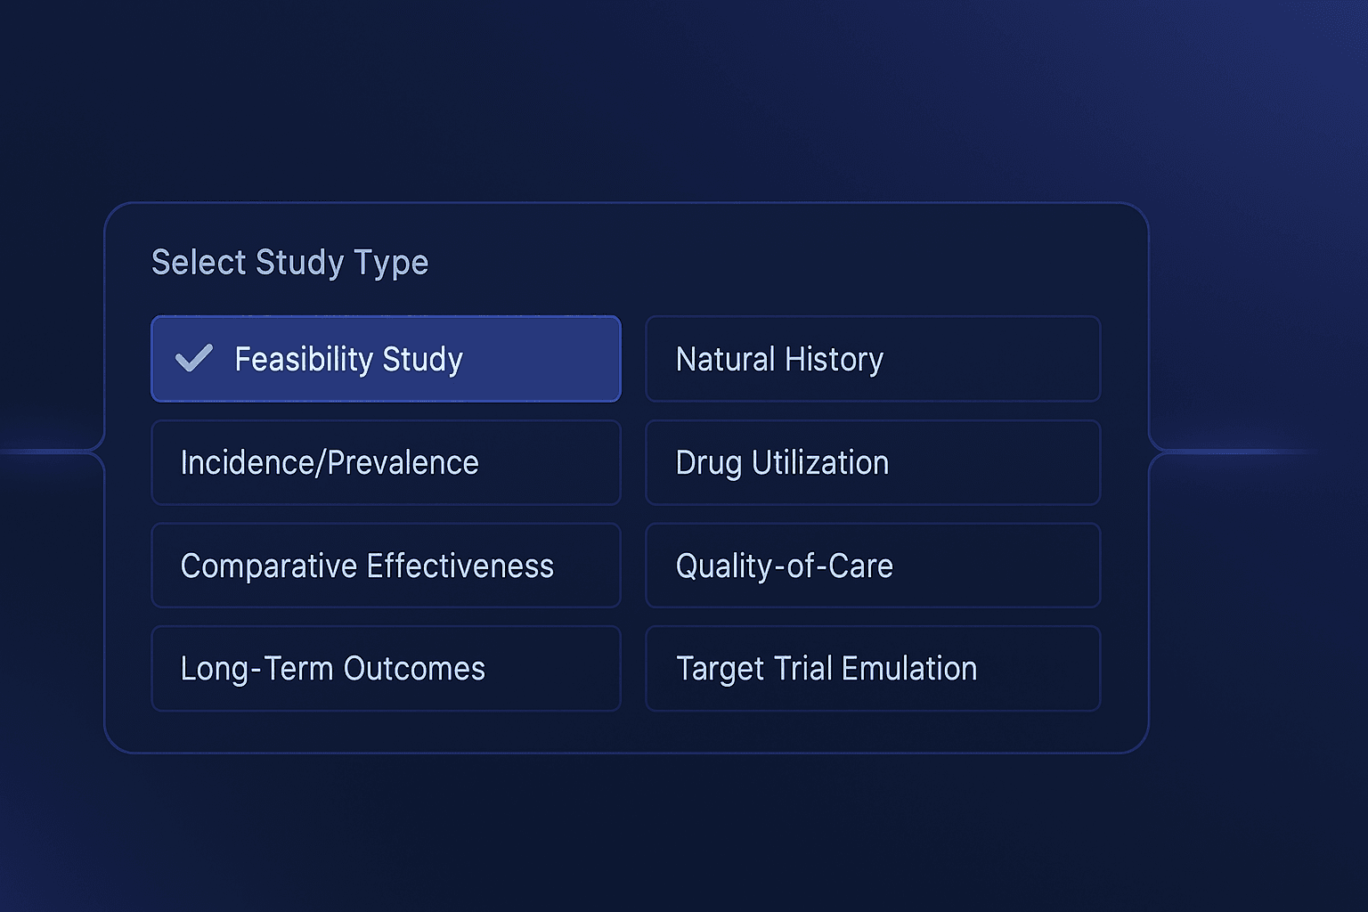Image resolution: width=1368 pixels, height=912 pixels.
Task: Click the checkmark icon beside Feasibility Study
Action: click(x=193, y=358)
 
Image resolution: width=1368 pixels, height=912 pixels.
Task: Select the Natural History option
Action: click(x=873, y=359)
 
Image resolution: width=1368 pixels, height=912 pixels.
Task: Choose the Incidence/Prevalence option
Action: click(x=386, y=462)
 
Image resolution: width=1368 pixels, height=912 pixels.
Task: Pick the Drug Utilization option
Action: click(x=873, y=462)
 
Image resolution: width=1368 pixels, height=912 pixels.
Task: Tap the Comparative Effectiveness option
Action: click(x=386, y=566)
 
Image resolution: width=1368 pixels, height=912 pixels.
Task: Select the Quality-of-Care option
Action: click(x=873, y=566)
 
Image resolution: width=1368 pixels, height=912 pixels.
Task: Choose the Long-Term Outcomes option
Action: click(x=386, y=668)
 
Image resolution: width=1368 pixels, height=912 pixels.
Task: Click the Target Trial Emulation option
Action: click(x=873, y=668)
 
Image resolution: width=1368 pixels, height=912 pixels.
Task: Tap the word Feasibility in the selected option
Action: click(x=304, y=359)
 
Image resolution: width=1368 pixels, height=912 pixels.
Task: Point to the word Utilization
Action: click(x=819, y=462)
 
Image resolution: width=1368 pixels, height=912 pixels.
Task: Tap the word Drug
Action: click(x=708, y=463)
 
